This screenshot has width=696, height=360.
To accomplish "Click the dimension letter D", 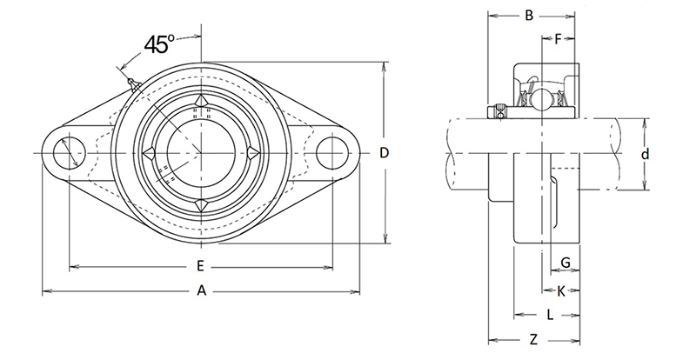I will (x=384, y=153).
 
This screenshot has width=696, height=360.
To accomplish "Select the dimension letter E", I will (x=200, y=266).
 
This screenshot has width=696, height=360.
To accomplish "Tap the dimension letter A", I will (x=201, y=292).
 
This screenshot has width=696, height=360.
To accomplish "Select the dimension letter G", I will (x=565, y=263).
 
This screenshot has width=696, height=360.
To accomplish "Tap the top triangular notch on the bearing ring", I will (x=200, y=103).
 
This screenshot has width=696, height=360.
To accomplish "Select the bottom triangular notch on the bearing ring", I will (x=200, y=205).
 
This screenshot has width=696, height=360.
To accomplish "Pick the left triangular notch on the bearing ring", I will (x=149, y=154).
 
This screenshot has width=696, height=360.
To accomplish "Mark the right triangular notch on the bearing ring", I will (x=252, y=154).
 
